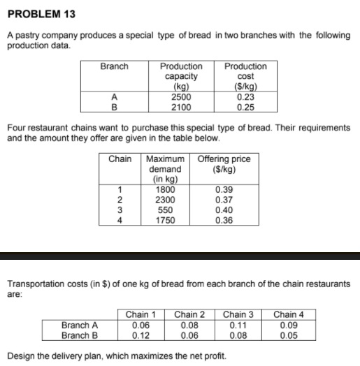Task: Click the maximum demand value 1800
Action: coord(165,189)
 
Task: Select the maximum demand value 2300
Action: coord(165,200)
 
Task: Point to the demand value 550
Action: coord(165,210)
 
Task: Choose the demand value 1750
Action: coord(165,221)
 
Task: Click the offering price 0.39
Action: coord(225,189)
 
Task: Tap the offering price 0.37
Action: coord(225,200)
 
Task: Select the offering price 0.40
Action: coord(225,210)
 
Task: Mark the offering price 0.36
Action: coord(225,221)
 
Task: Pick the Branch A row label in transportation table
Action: coord(80,324)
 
